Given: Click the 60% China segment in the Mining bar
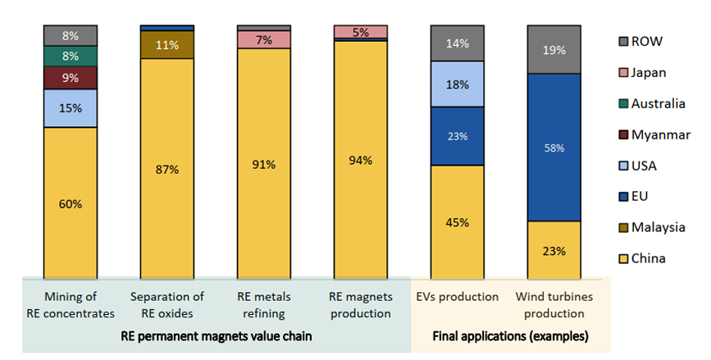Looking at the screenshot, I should click(71, 203).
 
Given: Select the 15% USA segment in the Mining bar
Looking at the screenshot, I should click(71, 108).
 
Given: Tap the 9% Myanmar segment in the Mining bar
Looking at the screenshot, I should click(71, 79).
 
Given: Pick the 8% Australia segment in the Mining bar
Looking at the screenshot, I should click(71, 56).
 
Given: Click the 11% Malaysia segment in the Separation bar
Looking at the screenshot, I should click(167, 45).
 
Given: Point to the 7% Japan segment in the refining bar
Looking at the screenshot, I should click(264, 39).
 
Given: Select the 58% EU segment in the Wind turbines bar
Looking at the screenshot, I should click(554, 148).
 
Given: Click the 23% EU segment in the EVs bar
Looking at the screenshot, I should click(458, 136).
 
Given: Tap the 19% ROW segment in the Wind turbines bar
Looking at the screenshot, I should click(554, 49).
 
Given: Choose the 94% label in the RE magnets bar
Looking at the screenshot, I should click(361, 161).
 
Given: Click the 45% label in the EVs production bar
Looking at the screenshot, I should click(458, 222).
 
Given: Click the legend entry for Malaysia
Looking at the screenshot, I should click(645, 227).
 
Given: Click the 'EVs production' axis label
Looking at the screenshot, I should click(458, 296).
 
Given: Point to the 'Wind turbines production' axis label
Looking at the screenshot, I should click(554, 303).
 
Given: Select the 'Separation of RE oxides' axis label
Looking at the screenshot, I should click(167, 303).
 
